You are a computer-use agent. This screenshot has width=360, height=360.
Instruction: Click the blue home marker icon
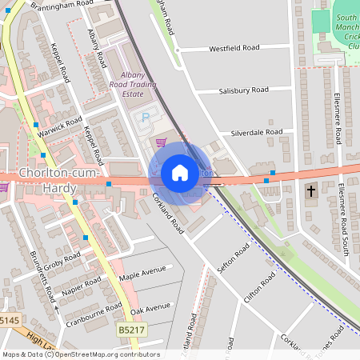pos(180,173)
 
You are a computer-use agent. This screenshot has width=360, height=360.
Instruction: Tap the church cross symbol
pos(312,192)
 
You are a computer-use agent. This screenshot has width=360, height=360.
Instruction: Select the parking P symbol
pos(145,118)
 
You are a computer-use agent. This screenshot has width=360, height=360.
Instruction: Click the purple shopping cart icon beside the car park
pos(162,142)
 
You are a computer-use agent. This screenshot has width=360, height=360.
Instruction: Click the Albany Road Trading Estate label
pos(132,82)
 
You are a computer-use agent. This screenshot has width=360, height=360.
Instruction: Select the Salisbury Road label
pos(243,90)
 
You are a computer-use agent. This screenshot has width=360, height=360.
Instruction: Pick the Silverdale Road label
pos(257,132)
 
